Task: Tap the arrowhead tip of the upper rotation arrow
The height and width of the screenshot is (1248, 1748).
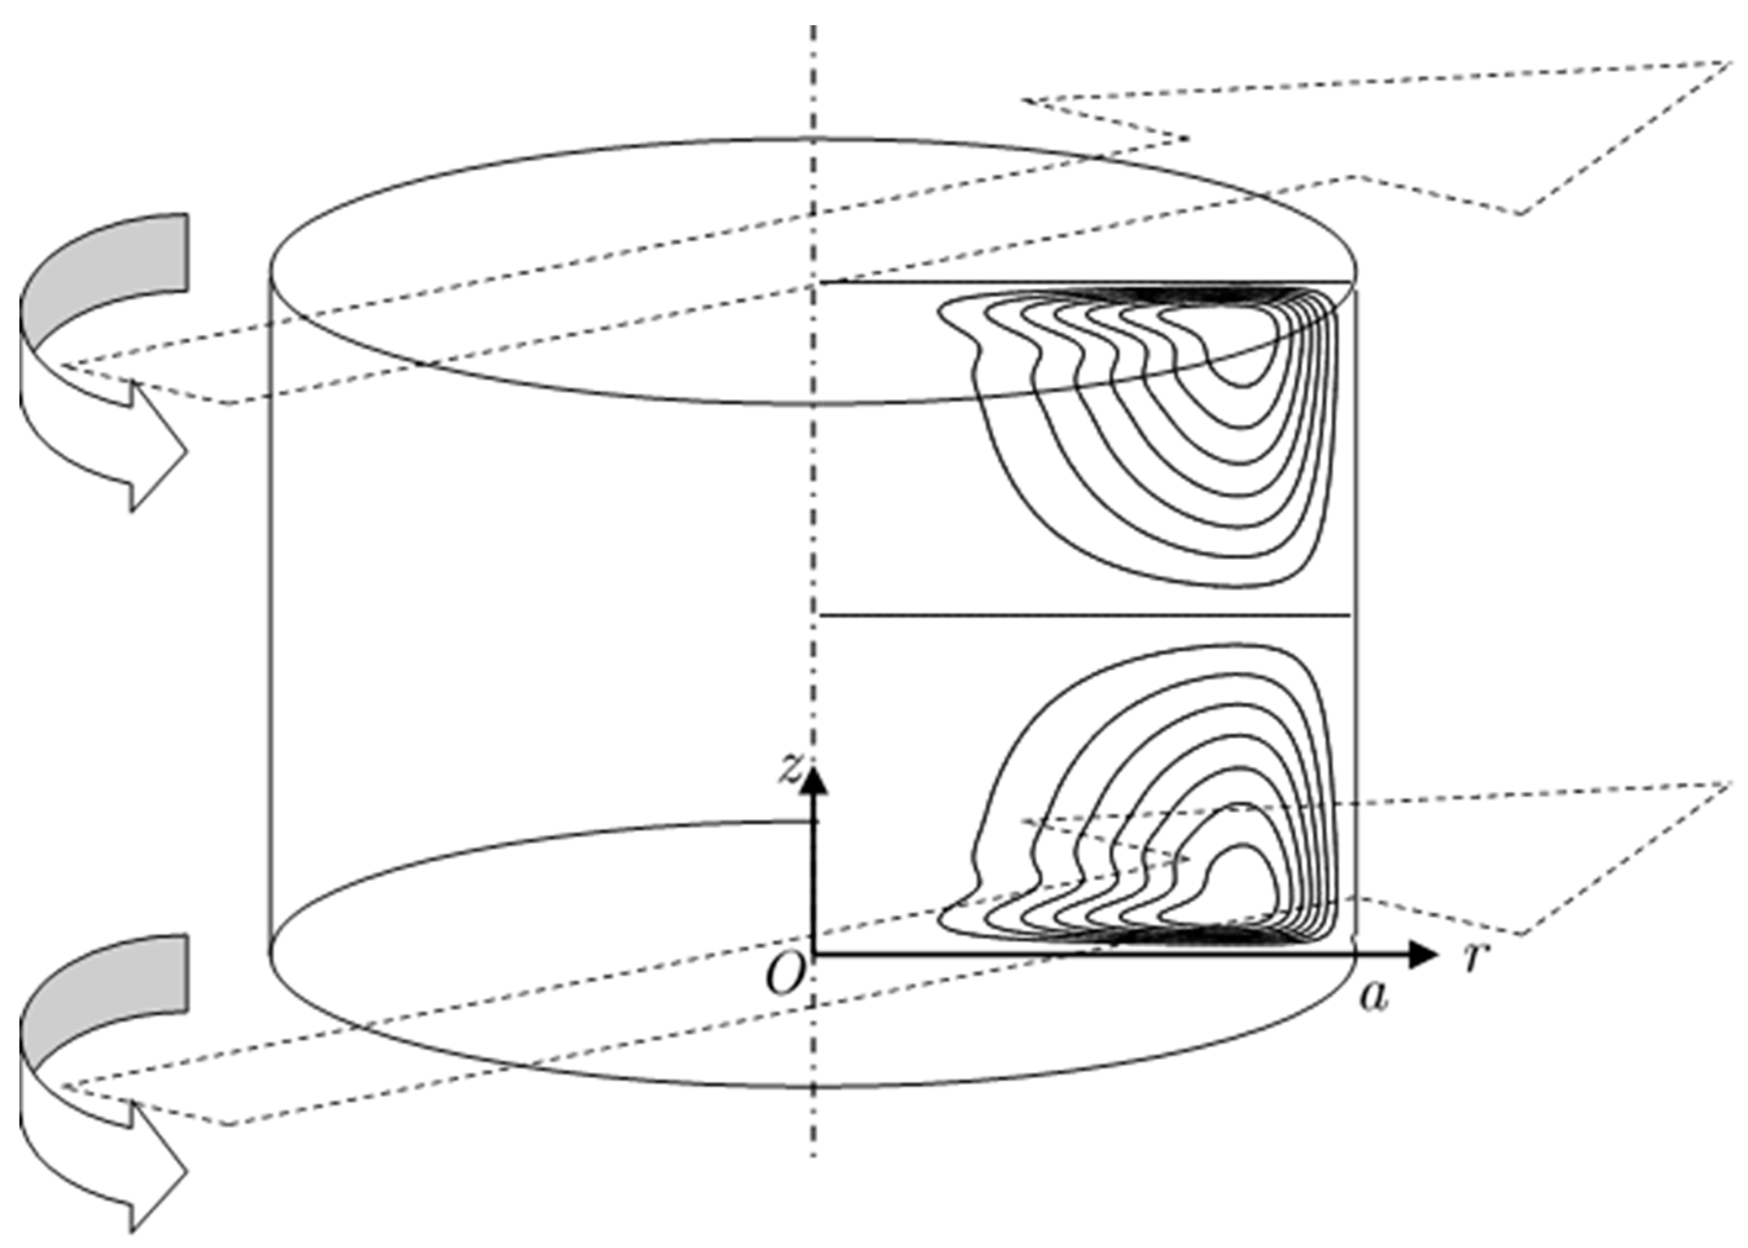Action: tap(187, 452)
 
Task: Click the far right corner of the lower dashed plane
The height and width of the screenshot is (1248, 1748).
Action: tap(1729, 784)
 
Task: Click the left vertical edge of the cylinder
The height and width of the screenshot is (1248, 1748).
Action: tap(270, 615)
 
